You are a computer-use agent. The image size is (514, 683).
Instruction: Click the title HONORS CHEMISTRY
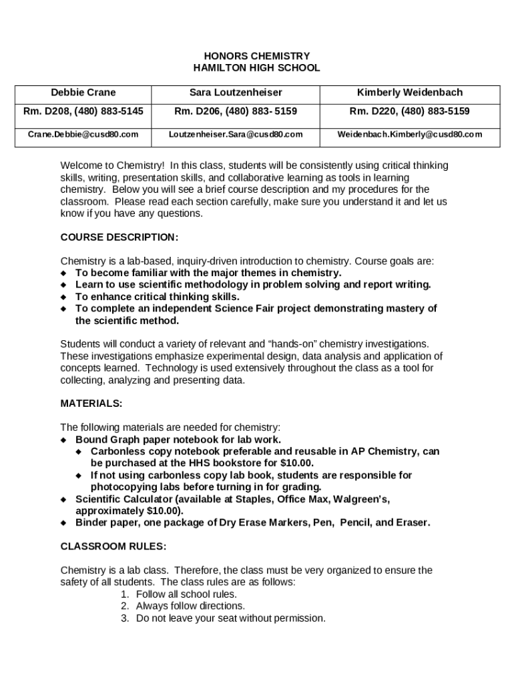[x=256, y=56]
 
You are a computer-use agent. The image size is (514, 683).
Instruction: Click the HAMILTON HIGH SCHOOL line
[x=256, y=68]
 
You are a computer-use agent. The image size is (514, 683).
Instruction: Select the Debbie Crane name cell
[x=83, y=93]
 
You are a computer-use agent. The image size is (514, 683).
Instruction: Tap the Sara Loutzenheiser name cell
[x=236, y=93]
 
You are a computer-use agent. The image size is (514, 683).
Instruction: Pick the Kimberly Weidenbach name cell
[x=410, y=93]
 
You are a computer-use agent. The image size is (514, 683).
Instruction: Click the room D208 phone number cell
[x=83, y=111]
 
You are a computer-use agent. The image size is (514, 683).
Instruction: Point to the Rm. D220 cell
[x=410, y=111]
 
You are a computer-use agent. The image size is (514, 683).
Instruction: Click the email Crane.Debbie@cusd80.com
[x=83, y=134]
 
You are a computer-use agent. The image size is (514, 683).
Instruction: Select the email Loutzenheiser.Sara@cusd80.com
[x=236, y=134]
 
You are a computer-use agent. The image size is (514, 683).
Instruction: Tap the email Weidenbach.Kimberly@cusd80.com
[x=410, y=134]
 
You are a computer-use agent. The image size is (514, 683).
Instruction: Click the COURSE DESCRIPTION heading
[x=119, y=237]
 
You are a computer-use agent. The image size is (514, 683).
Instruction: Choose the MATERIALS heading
[x=91, y=404]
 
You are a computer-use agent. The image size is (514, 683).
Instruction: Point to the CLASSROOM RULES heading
[x=113, y=546]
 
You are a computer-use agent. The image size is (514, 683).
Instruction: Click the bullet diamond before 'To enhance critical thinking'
[x=64, y=297]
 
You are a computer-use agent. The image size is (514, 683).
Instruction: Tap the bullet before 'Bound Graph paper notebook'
[x=64, y=440]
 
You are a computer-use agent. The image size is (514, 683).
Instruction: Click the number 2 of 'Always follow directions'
[x=125, y=606]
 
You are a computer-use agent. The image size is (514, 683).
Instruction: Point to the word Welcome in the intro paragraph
[x=80, y=165]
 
